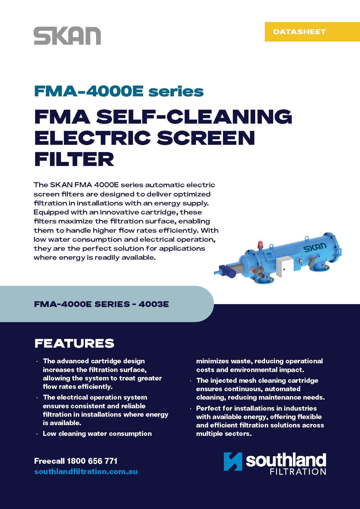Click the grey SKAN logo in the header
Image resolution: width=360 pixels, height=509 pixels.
point(67,36)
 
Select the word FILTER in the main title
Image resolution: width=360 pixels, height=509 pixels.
point(74,159)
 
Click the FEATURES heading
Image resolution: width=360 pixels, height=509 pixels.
point(74,343)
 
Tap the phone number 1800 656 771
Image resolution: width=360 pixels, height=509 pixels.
point(92,461)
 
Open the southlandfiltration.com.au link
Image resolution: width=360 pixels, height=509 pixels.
point(86,472)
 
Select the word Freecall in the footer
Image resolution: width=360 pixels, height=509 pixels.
point(49,461)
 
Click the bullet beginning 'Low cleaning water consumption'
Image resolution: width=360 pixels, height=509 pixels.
point(97,434)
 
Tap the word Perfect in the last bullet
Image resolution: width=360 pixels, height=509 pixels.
point(207,408)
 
